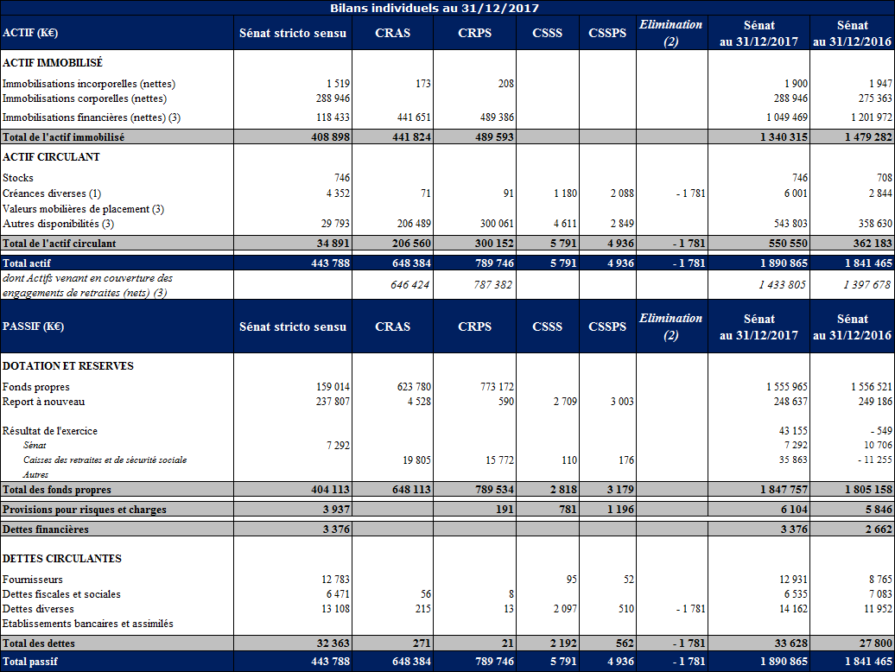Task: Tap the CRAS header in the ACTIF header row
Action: tap(392, 34)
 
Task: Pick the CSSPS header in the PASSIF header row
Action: tap(606, 326)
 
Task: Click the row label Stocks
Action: tap(18, 178)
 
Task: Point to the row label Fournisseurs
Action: tap(33, 580)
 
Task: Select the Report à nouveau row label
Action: tap(44, 402)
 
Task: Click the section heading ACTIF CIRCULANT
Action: tap(52, 157)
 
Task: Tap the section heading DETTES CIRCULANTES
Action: tap(62, 559)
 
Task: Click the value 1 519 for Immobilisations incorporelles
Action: tap(338, 84)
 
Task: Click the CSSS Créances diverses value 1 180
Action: tap(564, 193)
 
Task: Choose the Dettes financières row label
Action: tap(46, 529)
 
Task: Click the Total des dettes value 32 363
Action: tap(332, 643)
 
